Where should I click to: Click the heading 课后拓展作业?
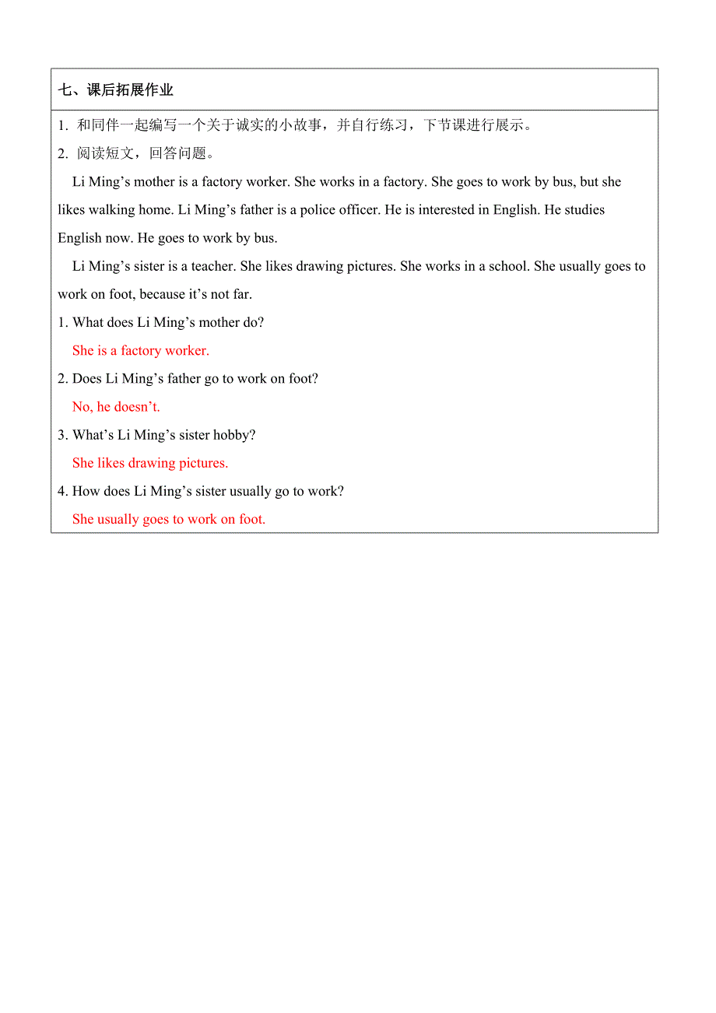pos(115,90)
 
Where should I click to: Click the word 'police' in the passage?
pos(318,210)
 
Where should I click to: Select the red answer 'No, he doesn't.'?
pos(116,407)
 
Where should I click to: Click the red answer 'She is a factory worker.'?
pos(141,351)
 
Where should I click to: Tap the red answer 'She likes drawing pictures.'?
pos(150,463)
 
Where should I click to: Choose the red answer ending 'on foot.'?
pos(169,519)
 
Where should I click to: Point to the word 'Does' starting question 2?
pos(87,379)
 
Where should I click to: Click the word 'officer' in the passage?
pos(359,210)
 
